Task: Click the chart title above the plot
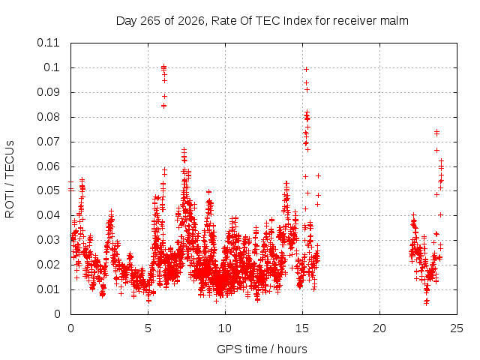[x=262, y=21]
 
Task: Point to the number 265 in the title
[x=151, y=21]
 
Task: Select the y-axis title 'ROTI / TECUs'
[x=10, y=179]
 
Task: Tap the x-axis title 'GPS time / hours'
[x=262, y=349]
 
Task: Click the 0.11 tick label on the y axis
[x=48, y=43]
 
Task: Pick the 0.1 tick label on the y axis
[x=52, y=67]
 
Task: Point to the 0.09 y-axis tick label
[x=48, y=92]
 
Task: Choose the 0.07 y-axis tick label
[x=48, y=142]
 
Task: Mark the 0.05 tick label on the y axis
[x=48, y=190]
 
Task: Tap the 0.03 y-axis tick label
[x=48, y=240]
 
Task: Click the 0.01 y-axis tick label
[x=48, y=289]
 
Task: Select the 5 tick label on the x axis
[x=148, y=328]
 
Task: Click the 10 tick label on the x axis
[x=225, y=328]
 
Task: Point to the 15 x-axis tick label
[x=302, y=328]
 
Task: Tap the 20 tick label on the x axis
[x=379, y=328]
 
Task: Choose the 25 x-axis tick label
[x=457, y=328]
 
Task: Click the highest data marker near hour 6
[x=163, y=66]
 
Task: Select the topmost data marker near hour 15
[x=306, y=70]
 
